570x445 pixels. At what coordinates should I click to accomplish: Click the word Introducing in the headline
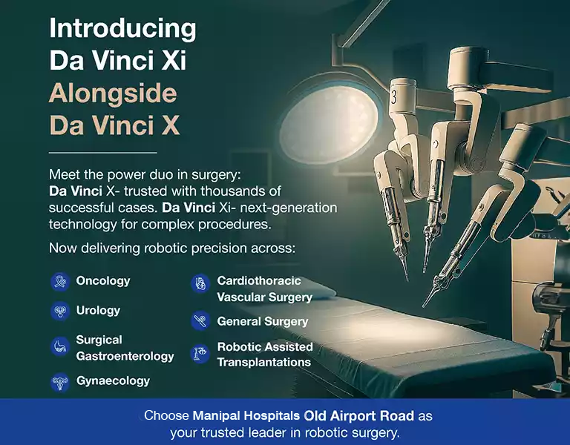[122, 29]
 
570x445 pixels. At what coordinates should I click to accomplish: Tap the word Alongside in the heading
[113, 93]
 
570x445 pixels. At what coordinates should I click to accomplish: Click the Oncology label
[102, 281]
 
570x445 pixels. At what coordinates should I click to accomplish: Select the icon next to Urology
[59, 311]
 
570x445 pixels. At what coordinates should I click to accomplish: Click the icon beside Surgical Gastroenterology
[59, 347]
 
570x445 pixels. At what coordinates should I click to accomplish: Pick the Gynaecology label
[113, 380]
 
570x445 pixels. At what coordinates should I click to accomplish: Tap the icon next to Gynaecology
[59, 381]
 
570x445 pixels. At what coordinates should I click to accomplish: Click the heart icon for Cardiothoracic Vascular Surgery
[200, 283]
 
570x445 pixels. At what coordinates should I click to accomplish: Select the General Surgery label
[262, 322]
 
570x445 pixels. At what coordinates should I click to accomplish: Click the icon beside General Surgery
[200, 322]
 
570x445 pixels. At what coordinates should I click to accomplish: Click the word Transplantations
[263, 363]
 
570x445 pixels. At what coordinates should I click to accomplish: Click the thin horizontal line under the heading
[102, 152]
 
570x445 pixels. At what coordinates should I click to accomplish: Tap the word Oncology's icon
[59, 282]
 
